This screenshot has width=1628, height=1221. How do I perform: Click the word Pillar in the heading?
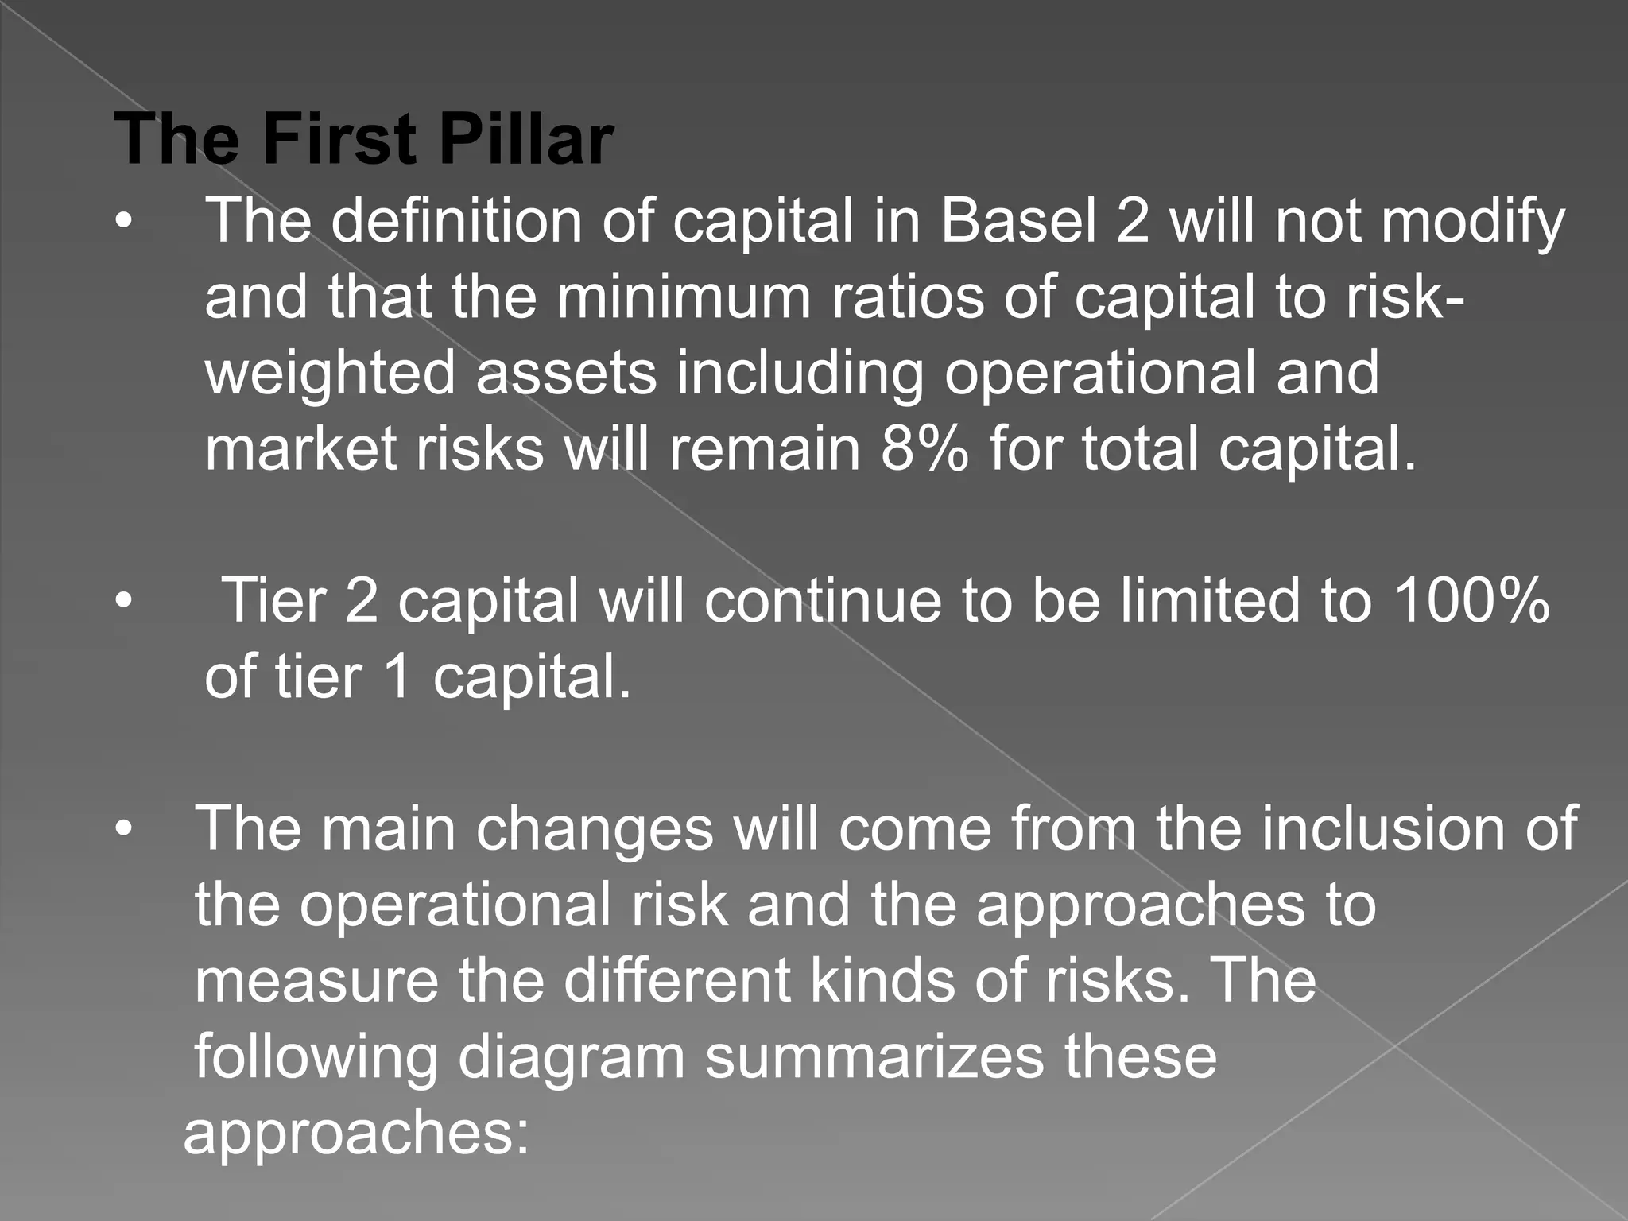click(x=525, y=140)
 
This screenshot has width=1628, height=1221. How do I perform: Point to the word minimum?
click(x=684, y=297)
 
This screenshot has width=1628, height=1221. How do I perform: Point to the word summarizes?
click(x=874, y=1057)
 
